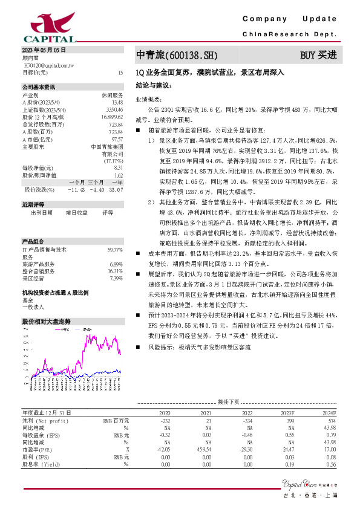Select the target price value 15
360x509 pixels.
tap(120, 72)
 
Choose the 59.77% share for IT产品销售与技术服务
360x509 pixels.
tap(115, 249)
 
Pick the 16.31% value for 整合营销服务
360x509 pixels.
tap(115, 271)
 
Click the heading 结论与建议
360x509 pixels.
tap(152, 86)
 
